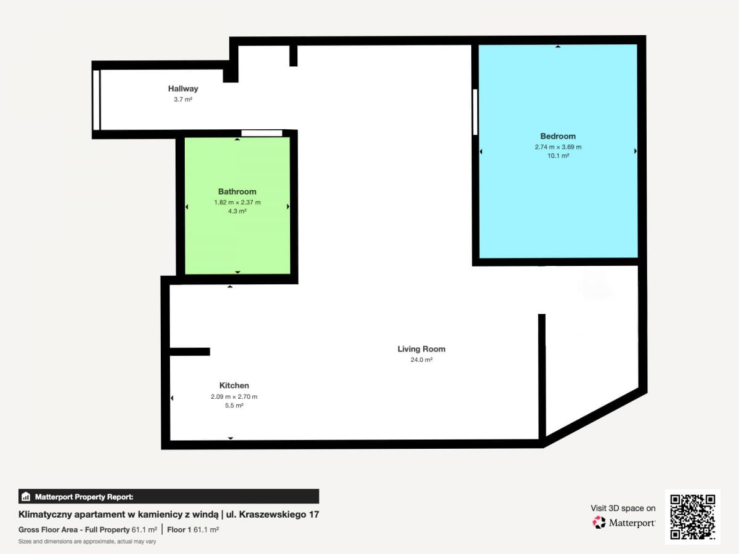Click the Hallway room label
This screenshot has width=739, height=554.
pos(183,89)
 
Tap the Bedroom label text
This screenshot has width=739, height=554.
pos(558,136)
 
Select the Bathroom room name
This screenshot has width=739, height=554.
pos(237,191)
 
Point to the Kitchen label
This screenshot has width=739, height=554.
pos(234,385)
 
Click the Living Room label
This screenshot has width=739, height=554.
pos(421,349)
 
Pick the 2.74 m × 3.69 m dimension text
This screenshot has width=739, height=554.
pos(558,147)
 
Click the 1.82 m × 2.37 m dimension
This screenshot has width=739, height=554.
pos(237,203)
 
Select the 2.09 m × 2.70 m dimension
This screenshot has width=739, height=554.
pos(234,397)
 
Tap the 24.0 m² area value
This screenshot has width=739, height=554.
pos(421,360)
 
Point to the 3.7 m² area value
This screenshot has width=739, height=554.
pos(183,100)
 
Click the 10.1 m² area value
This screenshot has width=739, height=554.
pos(558,156)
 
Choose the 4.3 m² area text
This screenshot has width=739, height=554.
pos(237,211)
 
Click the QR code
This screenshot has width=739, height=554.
pos(693,516)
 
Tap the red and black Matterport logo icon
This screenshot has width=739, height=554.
pos(599,523)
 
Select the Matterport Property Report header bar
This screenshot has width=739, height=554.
pos(169,497)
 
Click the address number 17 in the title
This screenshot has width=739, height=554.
pos(314,515)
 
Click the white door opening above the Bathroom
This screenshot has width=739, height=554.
pos(262,133)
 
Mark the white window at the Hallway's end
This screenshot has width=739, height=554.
pos(96,100)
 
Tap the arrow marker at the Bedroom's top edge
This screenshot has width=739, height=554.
pos(558,46)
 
